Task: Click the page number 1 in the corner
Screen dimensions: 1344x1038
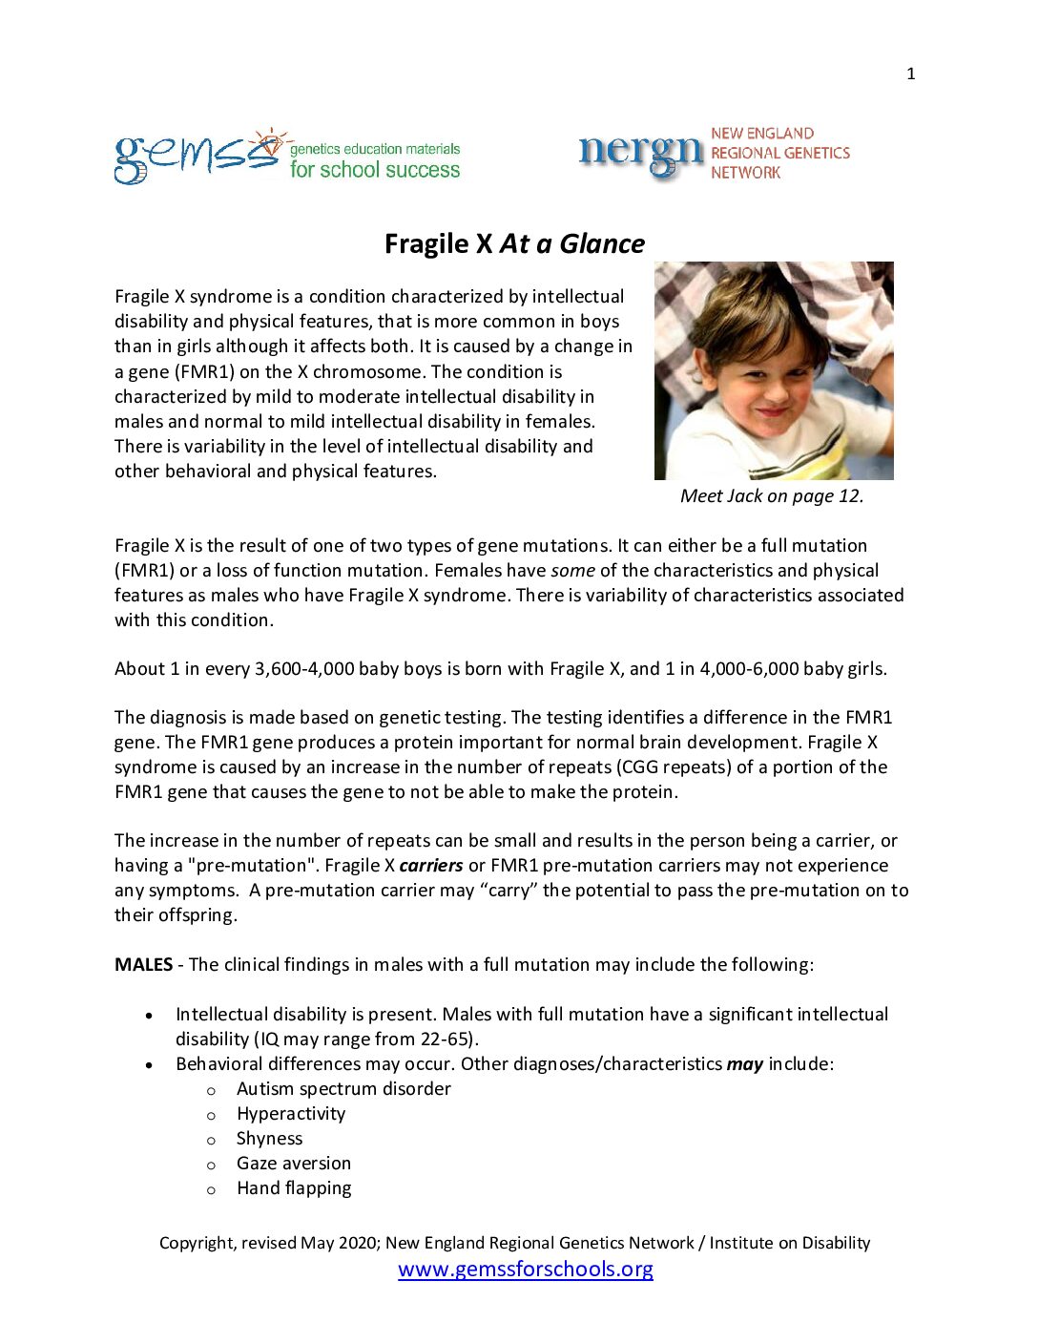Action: pyautogui.click(x=911, y=74)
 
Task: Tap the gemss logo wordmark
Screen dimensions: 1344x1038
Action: pyautogui.click(x=197, y=157)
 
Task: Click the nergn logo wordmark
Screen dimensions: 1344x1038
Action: pyautogui.click(x=640, y=154)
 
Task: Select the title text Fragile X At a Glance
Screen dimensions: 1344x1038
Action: pyautogui.click(x=514, y=244)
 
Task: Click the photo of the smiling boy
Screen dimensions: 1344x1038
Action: pyautogui.click(x=774, y=370)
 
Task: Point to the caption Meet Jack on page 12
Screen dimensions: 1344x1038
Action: pyautogui.click(x=772, y=496)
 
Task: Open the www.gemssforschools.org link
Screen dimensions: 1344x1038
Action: pyautogui.click(x=526, y=1270)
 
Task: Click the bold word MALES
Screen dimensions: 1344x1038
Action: pyautogui.click(x=143, y=965)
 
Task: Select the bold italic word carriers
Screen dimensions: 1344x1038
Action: pyautogui.click(x=431, y=866)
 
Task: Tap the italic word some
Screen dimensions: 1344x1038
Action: pyautogui.click(x=572, y=571)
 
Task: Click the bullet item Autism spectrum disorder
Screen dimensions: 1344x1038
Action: pyautogui.click(x=343, y=1089)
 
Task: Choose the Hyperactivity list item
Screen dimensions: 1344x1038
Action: pyautogui.click(x=291, y=1114)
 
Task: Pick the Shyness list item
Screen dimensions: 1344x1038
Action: pyautogui.click(x=269, y=1139)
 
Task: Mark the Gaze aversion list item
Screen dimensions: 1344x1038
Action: pyautogui.click(x=294, y=1164)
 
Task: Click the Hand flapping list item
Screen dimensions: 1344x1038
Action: pyautogui.click(x=294, y=1188)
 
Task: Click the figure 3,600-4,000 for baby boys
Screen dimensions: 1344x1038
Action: pyautogui.click(x=304, y=669)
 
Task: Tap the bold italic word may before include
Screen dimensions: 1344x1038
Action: pyautogui.click(x=744, y=1064)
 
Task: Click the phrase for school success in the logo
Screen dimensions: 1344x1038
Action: pyautogui.click(x=375, y=171)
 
